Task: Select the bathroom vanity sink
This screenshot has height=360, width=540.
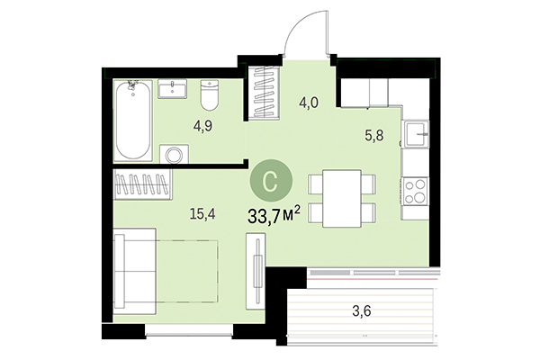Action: [x=173, y=89]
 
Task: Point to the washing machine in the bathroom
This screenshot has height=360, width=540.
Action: [x=173, y=154]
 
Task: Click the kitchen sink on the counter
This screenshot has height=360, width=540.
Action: [x=415, y=136]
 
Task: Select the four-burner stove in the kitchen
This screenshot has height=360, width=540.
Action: [x=415, y=189]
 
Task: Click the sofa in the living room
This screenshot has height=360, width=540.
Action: [x=135, y=270]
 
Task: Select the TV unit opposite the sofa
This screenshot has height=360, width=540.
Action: [x=259, y=279]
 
